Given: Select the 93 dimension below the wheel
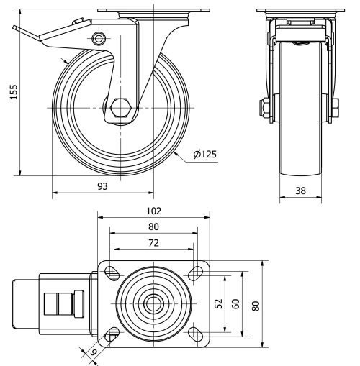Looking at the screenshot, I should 102,186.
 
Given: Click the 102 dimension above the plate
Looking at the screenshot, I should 152,211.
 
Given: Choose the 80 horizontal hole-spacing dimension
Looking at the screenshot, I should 152,227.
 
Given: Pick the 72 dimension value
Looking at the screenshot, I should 152,242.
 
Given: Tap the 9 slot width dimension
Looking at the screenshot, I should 92,352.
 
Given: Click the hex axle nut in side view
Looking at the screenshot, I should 120,109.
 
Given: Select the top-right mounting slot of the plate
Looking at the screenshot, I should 192,273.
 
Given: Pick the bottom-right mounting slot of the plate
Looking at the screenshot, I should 192,332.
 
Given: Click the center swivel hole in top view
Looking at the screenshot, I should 152,303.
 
